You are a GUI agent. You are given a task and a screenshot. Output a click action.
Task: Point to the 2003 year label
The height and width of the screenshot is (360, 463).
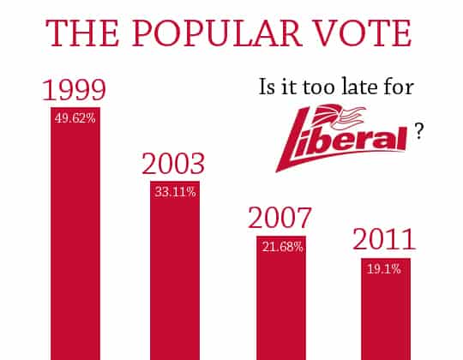point(173,165)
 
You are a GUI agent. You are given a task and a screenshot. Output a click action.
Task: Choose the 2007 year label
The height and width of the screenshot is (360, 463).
point(280,219)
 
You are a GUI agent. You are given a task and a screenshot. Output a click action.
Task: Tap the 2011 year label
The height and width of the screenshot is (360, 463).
point(385,239)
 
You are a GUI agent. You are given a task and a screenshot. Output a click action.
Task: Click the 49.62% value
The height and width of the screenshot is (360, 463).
point(75,118)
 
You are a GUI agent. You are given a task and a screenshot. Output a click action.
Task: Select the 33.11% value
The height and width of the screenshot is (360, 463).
point(175,192)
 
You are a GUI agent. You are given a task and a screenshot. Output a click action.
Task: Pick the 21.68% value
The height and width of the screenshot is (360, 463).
point(280,248)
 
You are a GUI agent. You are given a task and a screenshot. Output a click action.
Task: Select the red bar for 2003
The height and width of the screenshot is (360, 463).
point(175,283)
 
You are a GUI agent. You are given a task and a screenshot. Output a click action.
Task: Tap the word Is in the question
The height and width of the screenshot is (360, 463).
point(268,87)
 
